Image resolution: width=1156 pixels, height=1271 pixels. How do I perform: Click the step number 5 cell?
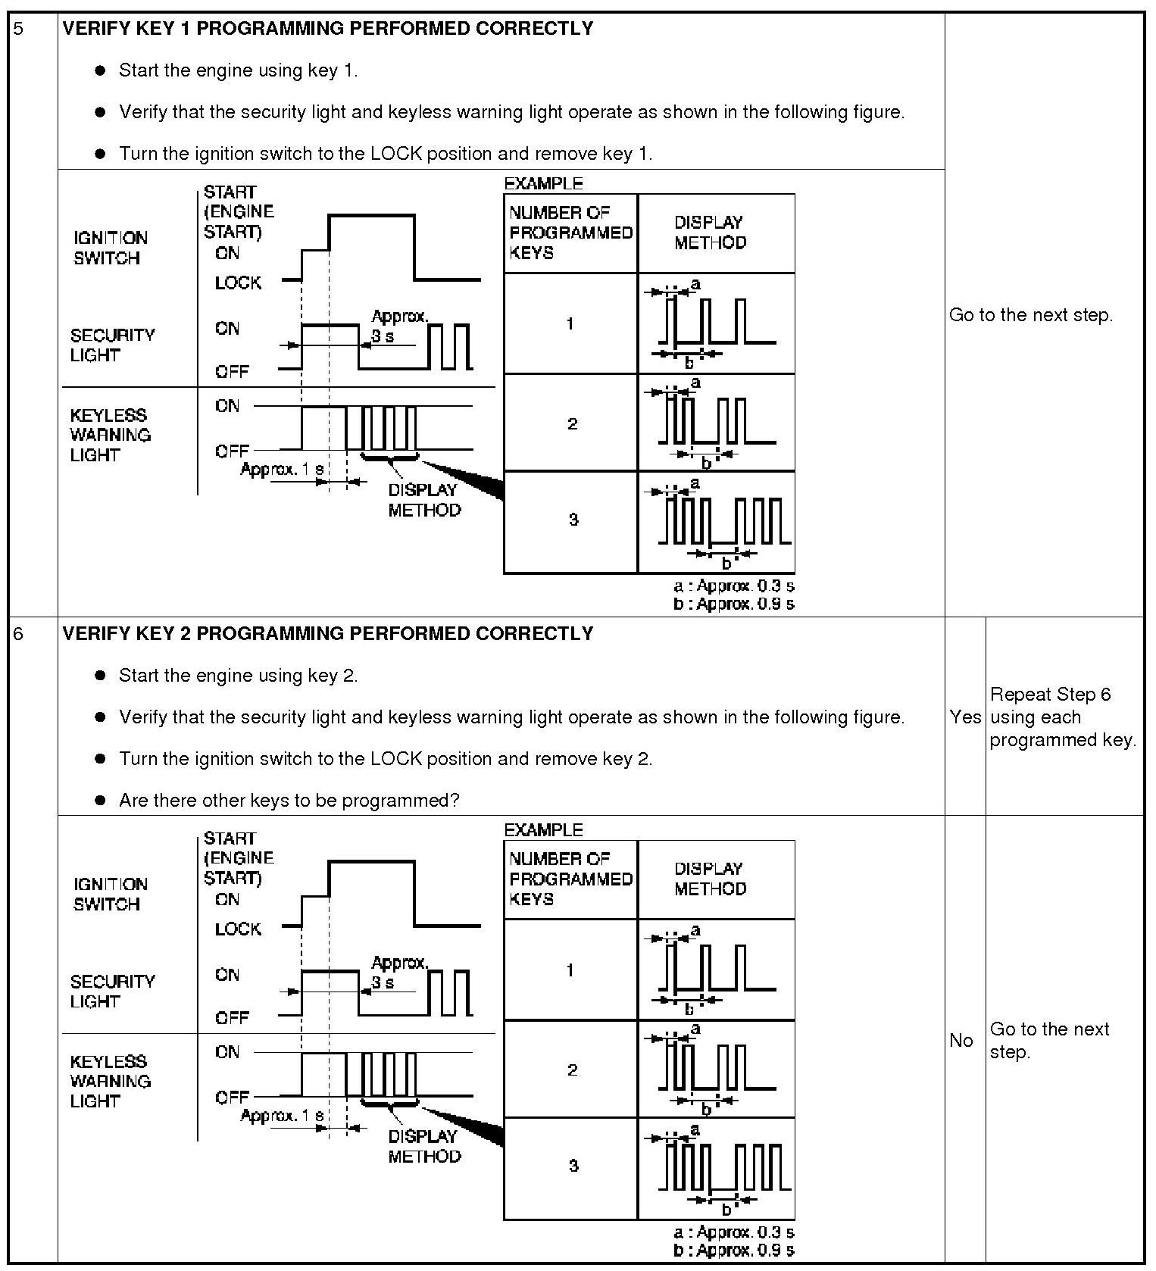(20, 29)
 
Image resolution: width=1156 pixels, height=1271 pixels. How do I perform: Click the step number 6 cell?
(20, 634)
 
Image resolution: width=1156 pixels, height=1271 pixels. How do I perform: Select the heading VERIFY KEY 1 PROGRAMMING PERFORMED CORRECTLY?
(327, 29)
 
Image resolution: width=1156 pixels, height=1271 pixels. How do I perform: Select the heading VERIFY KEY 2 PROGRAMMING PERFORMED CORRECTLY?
(327, 634)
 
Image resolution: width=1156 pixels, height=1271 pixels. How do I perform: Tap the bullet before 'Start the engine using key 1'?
(100, 70)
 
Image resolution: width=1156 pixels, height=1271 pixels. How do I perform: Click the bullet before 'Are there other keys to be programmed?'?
(100, 801)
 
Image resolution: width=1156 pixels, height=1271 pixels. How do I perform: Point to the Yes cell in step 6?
(964, 717)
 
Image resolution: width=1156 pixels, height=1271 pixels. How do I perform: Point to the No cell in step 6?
(961, 1040)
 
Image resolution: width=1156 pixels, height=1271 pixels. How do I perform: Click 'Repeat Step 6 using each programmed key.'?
(1063, 717)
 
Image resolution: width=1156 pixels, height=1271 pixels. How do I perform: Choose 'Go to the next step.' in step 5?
(1031, 315)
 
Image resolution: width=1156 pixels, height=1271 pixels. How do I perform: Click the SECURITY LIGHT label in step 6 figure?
(112, 991)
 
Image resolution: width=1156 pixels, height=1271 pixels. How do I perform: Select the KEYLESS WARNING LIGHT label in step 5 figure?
(110, 435)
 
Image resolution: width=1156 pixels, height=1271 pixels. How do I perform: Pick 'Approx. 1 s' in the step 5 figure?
(282, 470)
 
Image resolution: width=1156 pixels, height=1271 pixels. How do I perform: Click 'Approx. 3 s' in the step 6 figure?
(398, 972)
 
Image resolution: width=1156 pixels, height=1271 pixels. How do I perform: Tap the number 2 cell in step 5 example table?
(572, 423)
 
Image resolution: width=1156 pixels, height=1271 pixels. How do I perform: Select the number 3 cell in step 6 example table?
(573, 1166)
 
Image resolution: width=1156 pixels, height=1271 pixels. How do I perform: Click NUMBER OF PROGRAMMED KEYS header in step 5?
(570, 233)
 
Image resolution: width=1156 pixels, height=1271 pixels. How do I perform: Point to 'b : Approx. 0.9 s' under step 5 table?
(733, 604)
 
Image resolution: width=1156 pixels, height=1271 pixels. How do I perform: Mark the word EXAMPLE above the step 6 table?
(543, 829)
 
